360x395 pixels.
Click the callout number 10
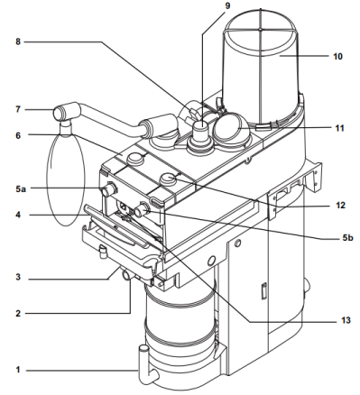(337, 56)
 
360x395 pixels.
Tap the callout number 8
(18, 41)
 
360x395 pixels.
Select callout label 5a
(21, 189)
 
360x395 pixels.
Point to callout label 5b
(347, 238)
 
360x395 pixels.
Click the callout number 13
(346, 320)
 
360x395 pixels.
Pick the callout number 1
(18, 370)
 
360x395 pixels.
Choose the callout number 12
(340, 206)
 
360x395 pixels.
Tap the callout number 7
(18, 109)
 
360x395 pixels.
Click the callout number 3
(18, 277)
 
